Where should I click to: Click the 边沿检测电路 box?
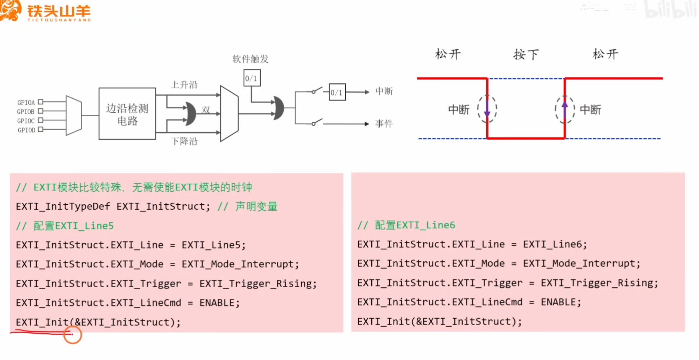click(x=127, y=114)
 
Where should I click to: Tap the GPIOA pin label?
click(x=26, y=103)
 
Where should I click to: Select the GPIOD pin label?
click(x=26, y=130)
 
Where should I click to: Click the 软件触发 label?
click(x=250, y=59)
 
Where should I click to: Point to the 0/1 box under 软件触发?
click(x=252, y=78)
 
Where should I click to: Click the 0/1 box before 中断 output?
click(x=337, y=92)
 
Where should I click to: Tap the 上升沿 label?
click(x=184, y=85)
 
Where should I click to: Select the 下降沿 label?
click(x=184, y=141)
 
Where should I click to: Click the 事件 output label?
click(x=384, y=124)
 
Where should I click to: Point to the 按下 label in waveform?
click(x=526, y=54)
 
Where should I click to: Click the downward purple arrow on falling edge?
click(x=487, y=109)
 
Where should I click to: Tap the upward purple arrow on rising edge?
click(x=565, y=109)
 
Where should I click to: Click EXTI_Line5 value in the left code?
click(x=213, y=245)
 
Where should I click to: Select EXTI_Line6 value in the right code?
click(x=554, y=244)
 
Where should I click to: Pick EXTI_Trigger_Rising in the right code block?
click(x=599, y=283)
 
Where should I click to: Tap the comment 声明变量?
click(x=256, y=206)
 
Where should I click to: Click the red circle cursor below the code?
click(x=73, y=335)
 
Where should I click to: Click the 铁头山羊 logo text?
click(x=59, y=11)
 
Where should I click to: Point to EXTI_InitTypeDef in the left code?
click(x=63, y=206)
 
